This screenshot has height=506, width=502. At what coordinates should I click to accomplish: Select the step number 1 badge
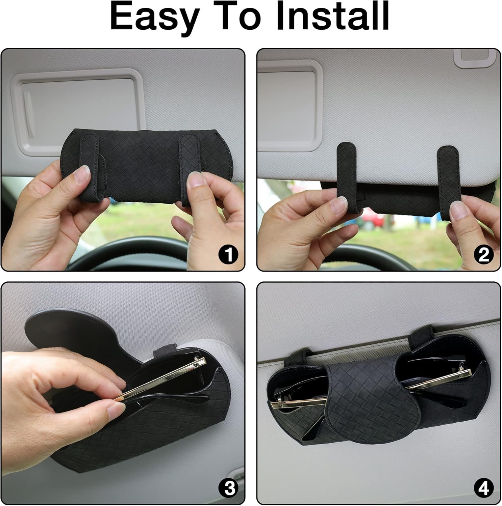228,255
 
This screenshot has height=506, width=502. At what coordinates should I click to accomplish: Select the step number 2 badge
484,255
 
